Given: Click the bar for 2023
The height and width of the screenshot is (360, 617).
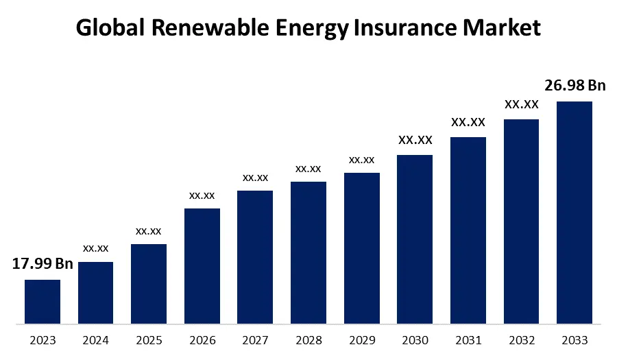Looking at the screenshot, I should pyautogui.click(x=43, y=301).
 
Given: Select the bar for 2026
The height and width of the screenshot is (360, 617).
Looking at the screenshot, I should pyautogui.click(x=202, y=265).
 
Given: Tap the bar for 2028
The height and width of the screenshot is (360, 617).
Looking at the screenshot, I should pyautogui.click(x=308, y=252).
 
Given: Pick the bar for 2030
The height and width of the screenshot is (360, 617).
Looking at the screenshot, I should pyautogui.click(x=415, y=239).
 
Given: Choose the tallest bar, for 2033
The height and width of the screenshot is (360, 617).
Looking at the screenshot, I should pyautogui.click(x=574, y=212).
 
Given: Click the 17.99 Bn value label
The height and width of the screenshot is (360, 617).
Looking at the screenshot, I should pyautogui.click(x=43, y=264).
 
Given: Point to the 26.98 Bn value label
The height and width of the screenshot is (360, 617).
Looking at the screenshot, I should pyautogui.click(x=576, y=86).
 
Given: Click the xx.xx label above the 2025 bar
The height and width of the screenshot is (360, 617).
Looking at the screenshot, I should pyautogui.click(x=149, y=230).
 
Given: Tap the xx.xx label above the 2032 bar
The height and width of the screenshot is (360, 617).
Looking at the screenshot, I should pyautogui.click(x=521, y=105).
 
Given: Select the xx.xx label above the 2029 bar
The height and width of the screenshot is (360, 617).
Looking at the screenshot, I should pyautogui.click(x=361, y=160).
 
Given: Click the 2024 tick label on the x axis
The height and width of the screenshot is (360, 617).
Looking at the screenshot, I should pyautogui.click(x=95, y=340).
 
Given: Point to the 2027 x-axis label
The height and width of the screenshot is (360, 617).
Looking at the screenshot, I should pyautogui.click(x=255, y=340).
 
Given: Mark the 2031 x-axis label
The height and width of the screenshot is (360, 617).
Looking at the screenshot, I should pyautogui.click(x=468, y=340).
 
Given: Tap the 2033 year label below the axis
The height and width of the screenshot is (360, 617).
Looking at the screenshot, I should pyautogui.click(x=574, y=340).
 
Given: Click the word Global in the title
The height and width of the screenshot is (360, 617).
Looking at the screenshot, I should pyautogui.click(x=110, y=27).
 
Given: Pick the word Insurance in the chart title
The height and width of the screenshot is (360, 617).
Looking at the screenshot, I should pyautogui.click(x=390, y=27).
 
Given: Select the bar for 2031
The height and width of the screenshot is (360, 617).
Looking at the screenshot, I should pyautogui.click(x=468, y=230).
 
